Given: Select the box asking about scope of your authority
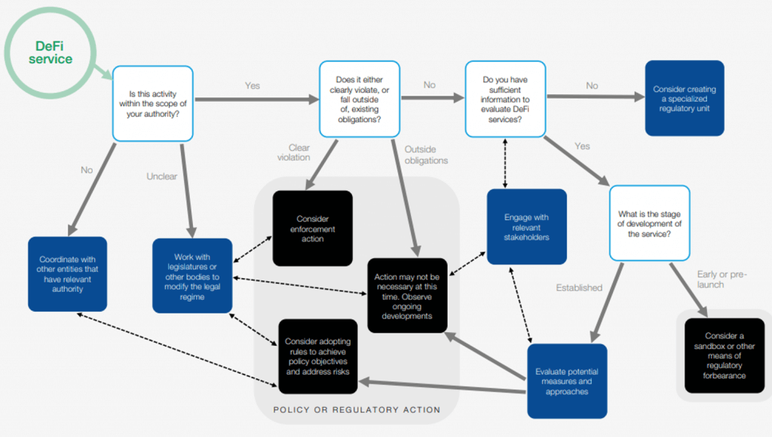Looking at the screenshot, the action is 152,104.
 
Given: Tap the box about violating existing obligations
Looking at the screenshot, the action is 360,99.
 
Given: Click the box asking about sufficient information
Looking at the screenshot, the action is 505,99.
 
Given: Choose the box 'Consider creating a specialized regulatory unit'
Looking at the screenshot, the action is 685,99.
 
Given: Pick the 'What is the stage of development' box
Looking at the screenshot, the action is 649,224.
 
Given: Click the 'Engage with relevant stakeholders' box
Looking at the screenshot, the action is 526,227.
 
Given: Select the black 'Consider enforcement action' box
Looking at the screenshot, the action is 313,228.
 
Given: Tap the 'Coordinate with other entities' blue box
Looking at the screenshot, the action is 67,274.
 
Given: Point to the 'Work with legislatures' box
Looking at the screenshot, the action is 192,276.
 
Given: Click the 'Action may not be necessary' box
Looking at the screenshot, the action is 407,296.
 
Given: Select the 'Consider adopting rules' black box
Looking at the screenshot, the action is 318,356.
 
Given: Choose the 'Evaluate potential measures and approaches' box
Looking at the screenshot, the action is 567,381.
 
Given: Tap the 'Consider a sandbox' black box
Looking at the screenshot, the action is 725,356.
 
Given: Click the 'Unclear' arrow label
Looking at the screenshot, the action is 161,176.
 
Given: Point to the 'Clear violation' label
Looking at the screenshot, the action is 294,152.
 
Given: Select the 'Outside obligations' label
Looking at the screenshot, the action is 427,155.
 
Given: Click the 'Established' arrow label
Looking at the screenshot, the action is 579,287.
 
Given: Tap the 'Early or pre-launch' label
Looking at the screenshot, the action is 721,279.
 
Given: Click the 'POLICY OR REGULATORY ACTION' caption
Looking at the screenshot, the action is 357,409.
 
